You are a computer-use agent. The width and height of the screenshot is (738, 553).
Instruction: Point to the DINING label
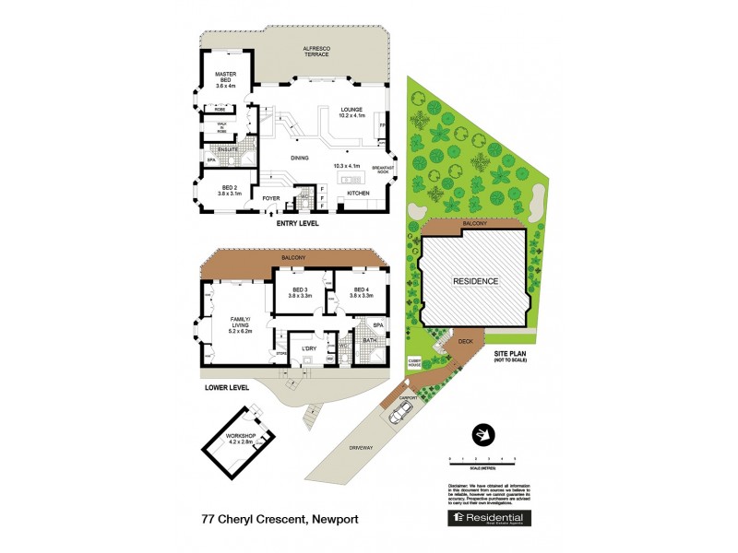tap(300, 159)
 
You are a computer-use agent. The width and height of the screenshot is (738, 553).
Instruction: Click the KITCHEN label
tap(358, 193)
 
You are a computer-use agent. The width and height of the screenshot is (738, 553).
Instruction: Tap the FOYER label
tap(271, 198)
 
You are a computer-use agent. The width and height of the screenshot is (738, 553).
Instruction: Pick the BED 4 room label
tap(361, 293)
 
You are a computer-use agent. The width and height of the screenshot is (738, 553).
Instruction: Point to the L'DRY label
tap(308, 347)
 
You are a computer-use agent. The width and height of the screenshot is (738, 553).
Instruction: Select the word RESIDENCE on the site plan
tap(474, 281)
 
